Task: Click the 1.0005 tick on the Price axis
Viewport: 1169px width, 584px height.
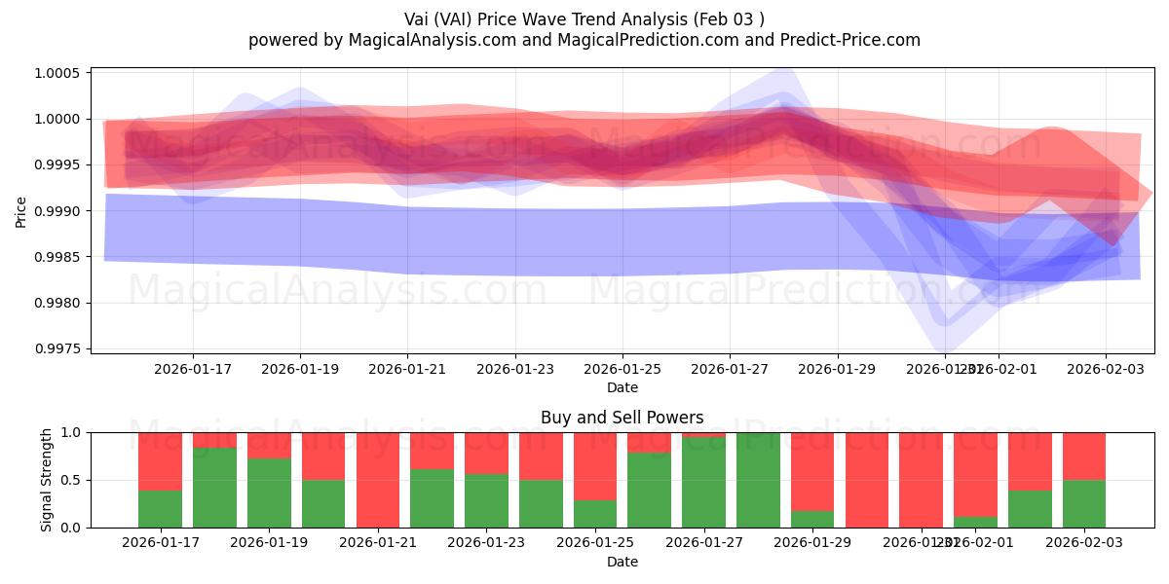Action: (x=61, y=74)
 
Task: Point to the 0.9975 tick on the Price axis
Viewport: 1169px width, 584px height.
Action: (x=61, y=348)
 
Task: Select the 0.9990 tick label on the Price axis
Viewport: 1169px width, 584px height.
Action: (x=61, y=211)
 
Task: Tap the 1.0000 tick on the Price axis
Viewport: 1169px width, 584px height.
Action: (x=61, y=120)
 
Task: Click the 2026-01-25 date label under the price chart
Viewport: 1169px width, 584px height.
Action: (x=622, y=370)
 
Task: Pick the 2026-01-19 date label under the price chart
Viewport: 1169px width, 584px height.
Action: (x=300, y=370)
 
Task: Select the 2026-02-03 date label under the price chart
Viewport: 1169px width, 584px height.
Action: (x=1105, y=370)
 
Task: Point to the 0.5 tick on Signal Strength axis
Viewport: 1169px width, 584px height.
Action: (x=73, y=481)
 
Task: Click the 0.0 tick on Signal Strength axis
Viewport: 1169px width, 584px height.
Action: (x=73, y=528)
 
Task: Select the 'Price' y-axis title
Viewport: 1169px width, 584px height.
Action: (x=21, y=210)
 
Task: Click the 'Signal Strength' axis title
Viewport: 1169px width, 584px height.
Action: (x=46, y=480)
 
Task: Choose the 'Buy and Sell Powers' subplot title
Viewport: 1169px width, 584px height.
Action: (x=622, y=418)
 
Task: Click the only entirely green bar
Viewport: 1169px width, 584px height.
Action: (x=758, y=480)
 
